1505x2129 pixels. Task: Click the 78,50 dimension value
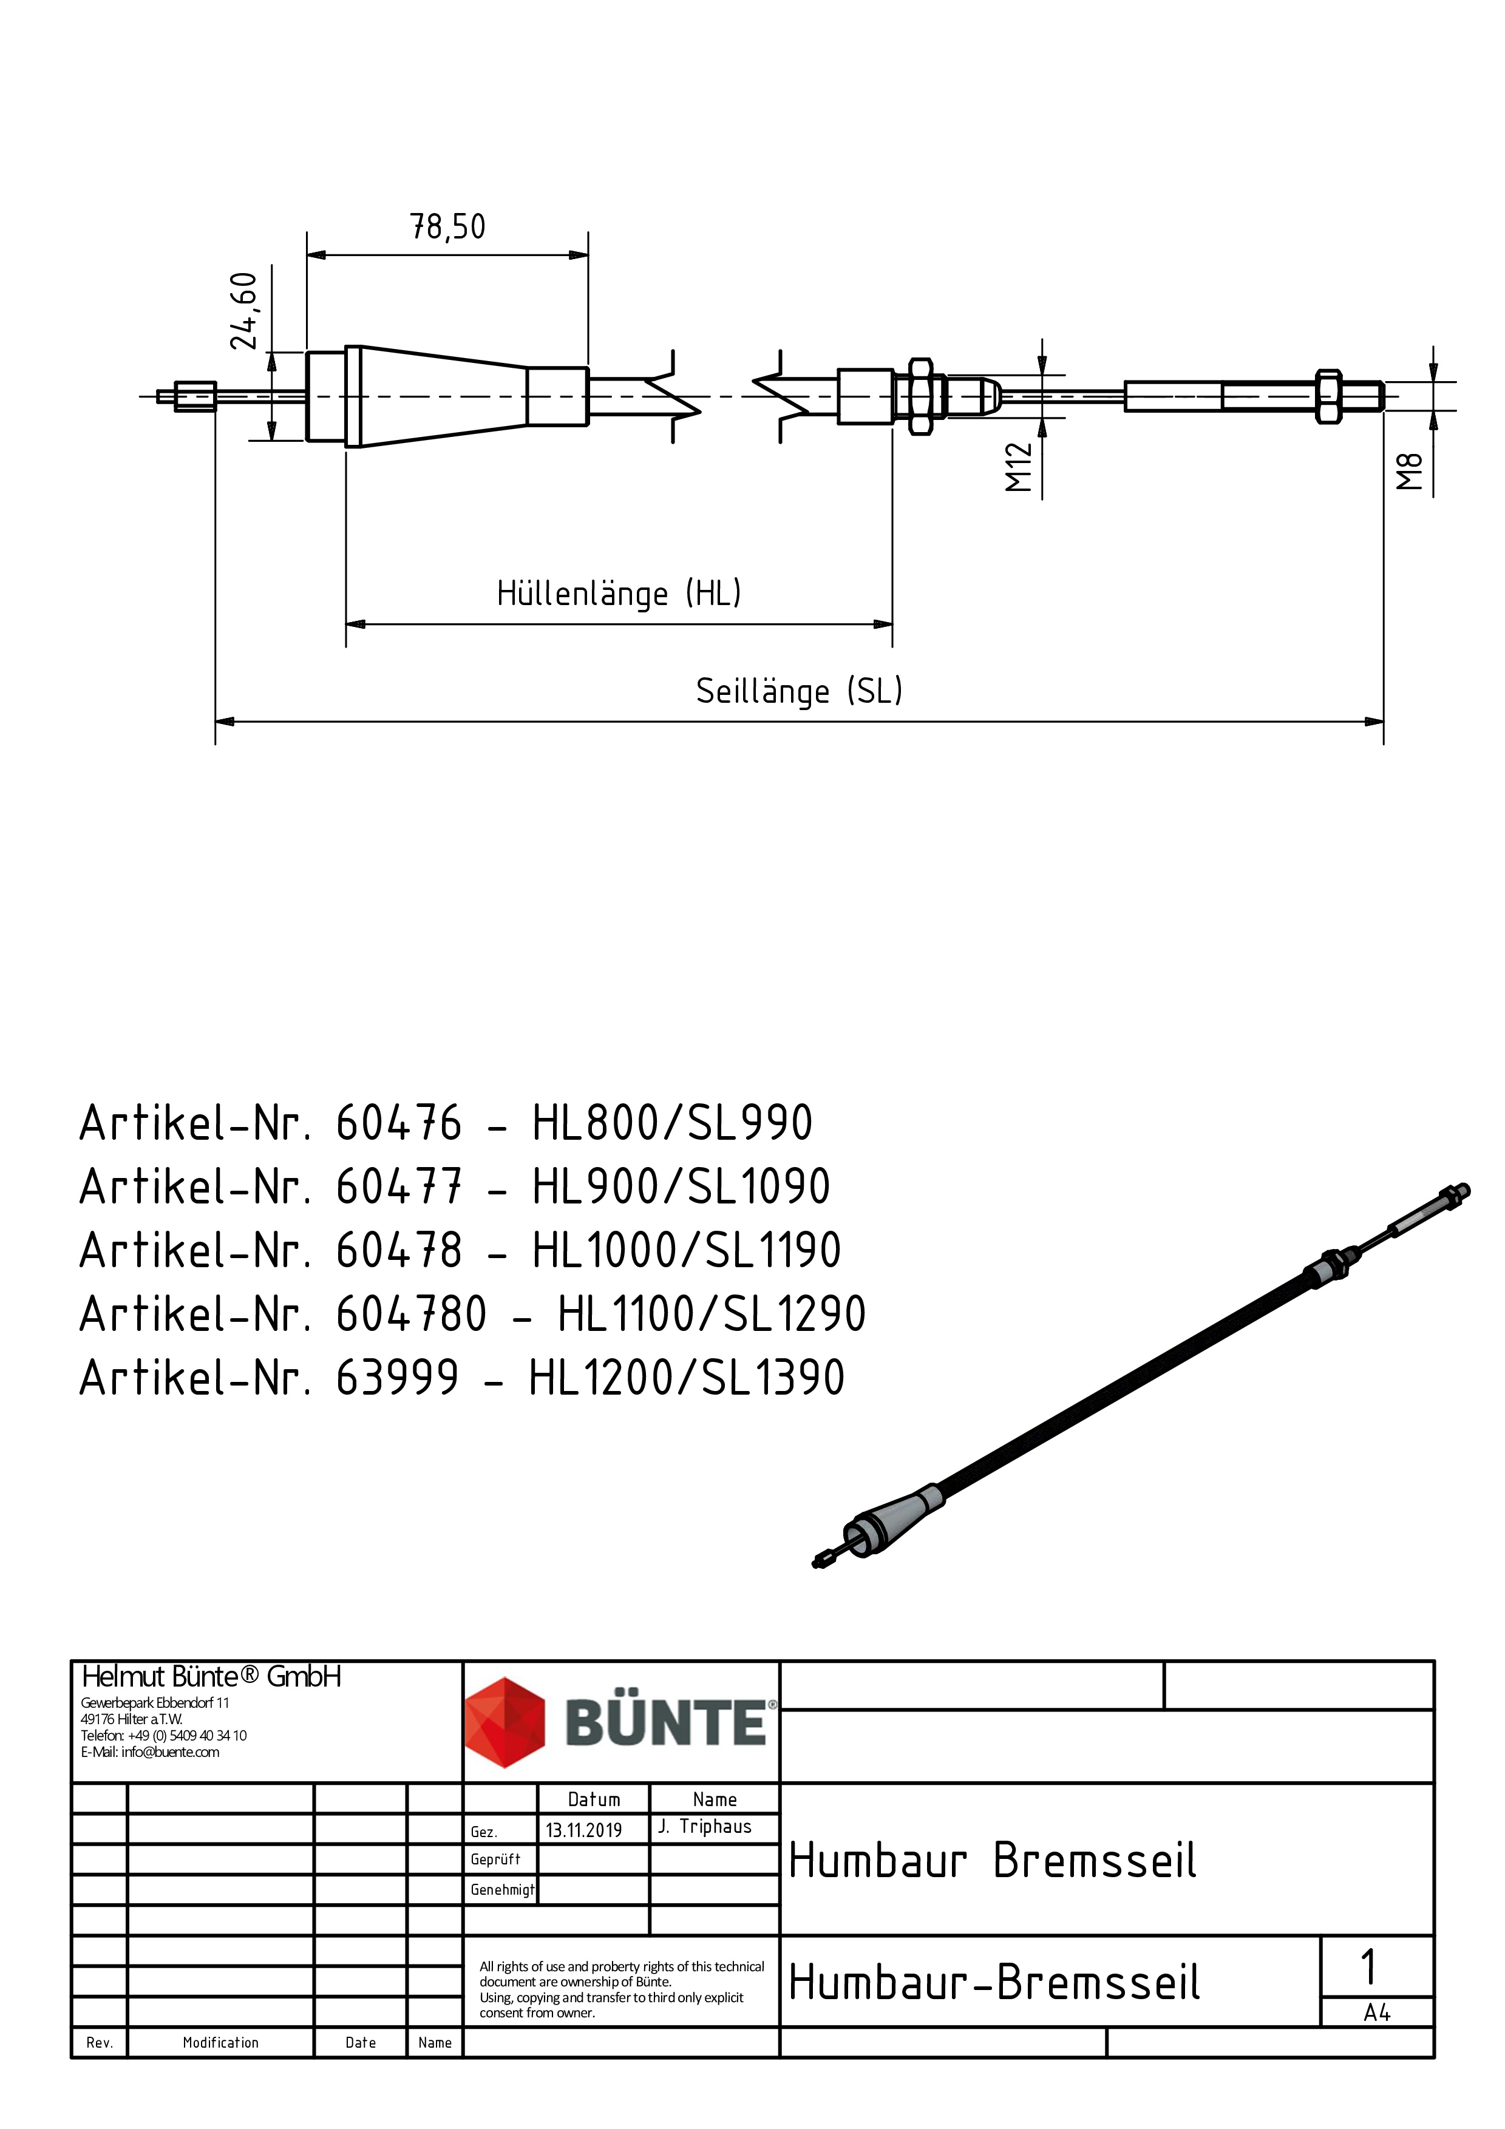(448, 227)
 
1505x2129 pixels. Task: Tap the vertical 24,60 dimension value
(244, 311)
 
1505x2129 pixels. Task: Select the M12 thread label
(1018, 467)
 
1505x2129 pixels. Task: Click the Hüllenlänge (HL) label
(619, 594)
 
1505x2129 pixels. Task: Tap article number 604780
(411, 1314)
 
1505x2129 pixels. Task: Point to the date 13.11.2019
(583, 1830)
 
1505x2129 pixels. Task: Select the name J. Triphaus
(705, 1827)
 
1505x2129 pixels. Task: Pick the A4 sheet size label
(1377, 2013)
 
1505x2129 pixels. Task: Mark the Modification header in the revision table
(221, 2043)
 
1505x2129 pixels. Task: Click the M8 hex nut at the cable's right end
(1328, 396)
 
